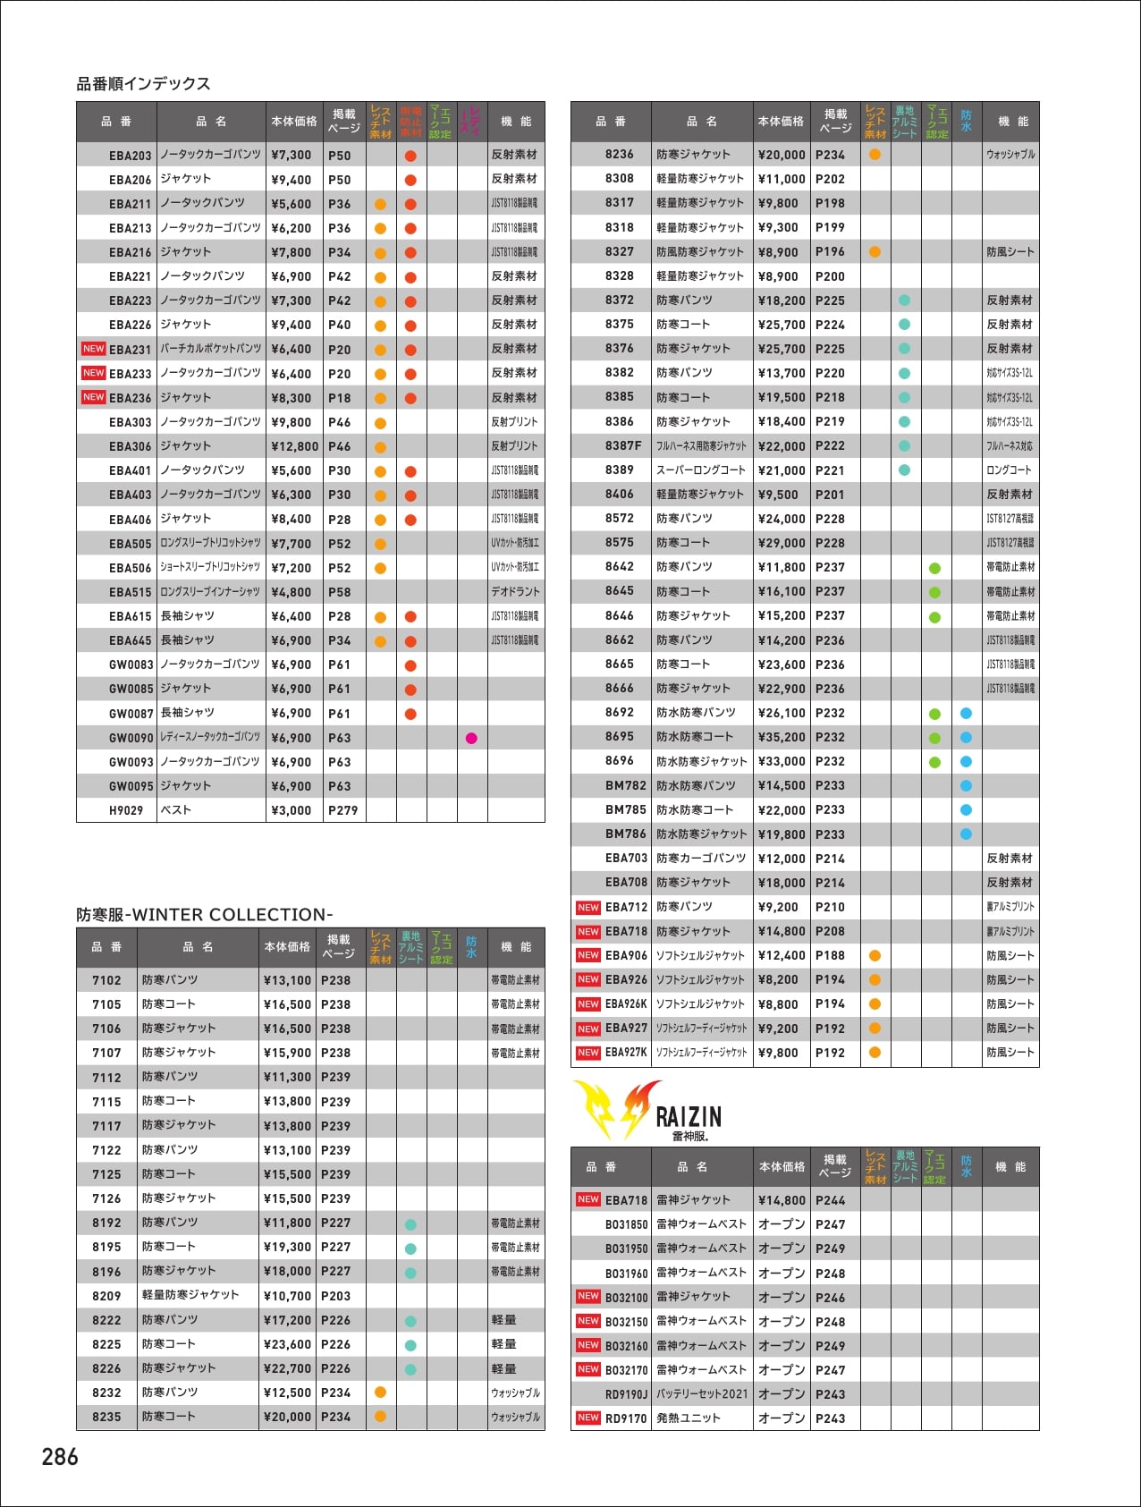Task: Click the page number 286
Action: pos(60,1457)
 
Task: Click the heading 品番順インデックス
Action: pos(143,84)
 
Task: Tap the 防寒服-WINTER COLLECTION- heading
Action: pos(204,915)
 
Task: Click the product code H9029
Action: pos(125,810)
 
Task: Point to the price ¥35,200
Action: pos(782,737)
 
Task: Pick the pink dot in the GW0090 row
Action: pos(471,738)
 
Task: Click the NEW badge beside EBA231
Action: pos(93,349)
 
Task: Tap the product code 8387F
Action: pos(622,445)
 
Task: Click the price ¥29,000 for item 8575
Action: pos(782,543)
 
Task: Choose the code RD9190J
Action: pos(626,1394)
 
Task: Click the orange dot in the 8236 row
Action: pos(875,155)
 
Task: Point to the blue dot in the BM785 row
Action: pos(966,809)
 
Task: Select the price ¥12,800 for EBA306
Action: pos(294,446)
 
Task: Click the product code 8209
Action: pos(106,1296)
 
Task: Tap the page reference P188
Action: pos(830,956)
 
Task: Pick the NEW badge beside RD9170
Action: pos(587,1418)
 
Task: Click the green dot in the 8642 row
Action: pos(934,568)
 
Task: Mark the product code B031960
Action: pos(626,1273)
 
